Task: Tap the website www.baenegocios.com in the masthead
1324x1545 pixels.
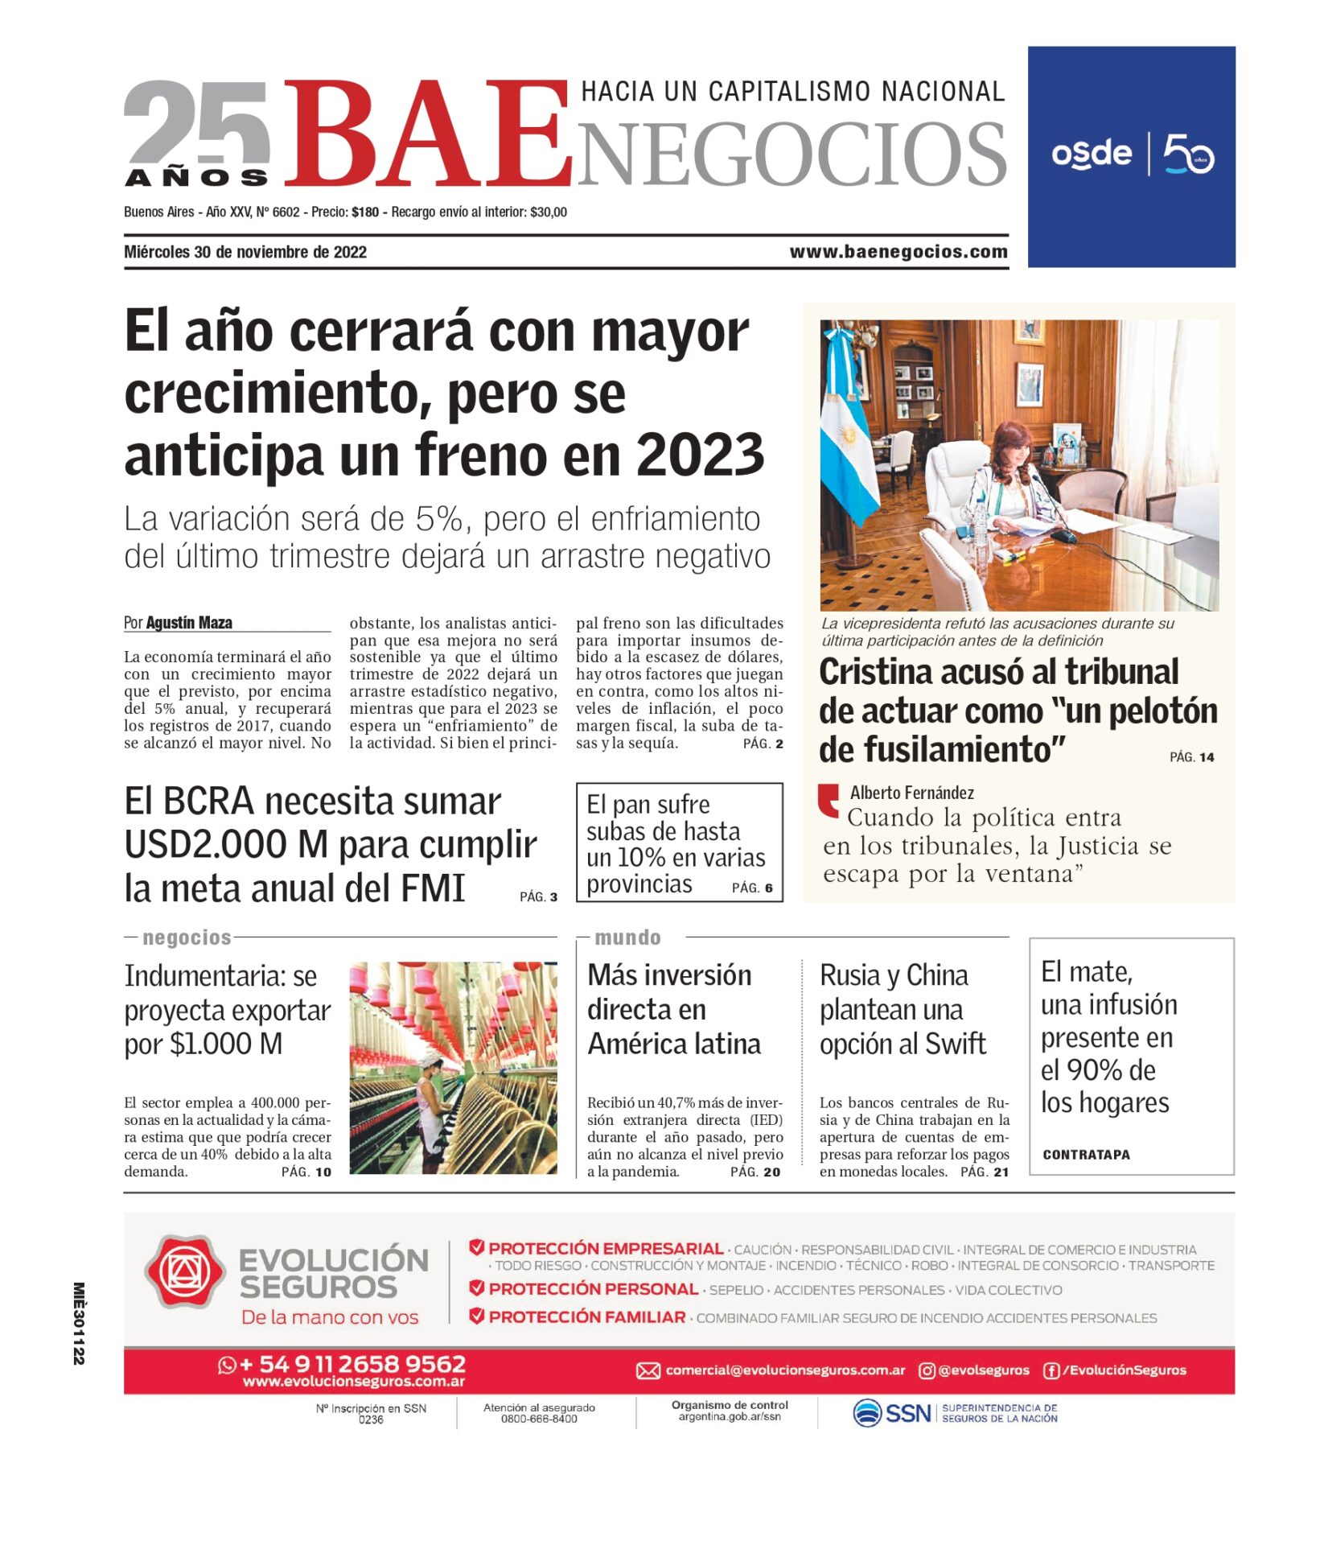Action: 898,252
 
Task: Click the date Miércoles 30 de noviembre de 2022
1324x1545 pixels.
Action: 245,252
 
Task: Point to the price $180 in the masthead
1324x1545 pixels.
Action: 365,212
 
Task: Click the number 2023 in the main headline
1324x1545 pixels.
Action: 700,455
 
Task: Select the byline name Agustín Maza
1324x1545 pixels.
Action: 189,623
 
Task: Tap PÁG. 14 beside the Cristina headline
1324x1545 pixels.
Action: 1191,757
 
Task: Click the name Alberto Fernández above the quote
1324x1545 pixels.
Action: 911,793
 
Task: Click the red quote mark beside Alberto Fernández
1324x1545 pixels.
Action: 828,800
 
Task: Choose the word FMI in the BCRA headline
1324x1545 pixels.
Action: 434,889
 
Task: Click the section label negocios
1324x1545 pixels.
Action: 187,937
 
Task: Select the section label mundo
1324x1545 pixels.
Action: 627,937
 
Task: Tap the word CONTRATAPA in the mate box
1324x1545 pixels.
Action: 1086,1155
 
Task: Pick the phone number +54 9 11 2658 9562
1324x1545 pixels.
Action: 352,1365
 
